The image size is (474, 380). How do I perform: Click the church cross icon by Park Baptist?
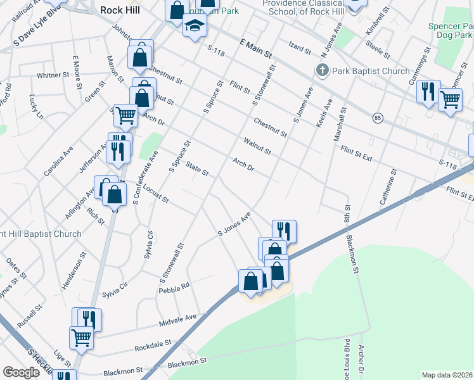click(x=322, y=70)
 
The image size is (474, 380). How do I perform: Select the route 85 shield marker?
click(x=378, y=118)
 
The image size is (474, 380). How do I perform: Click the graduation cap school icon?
click(x=195, y=27)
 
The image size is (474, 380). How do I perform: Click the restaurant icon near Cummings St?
click(x=429, y=92)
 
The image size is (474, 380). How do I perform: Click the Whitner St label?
click(x=53, y=75)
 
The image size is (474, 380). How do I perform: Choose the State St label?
click(x=198, y=169)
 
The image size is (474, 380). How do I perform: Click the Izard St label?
click(x=300, y=49)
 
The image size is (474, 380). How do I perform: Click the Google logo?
click(x=21, y=372)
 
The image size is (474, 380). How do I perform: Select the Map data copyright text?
click(x=447, y=375)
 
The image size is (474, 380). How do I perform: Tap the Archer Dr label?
click(x=361, y=359)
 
